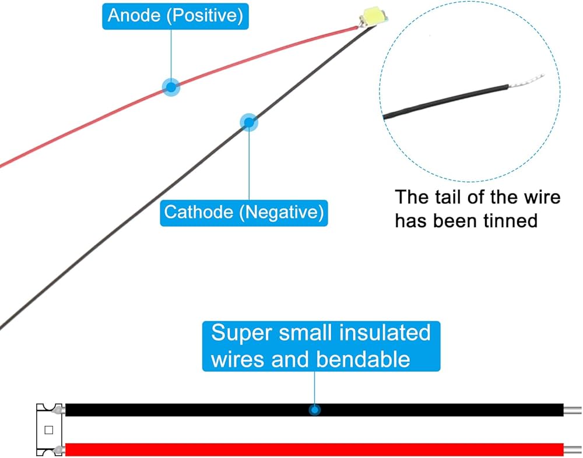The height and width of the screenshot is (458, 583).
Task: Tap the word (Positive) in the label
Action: pos(205,16)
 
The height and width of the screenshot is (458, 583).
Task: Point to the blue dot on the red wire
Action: pos(171,87)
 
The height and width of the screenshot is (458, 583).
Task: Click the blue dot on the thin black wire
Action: pos(249,122)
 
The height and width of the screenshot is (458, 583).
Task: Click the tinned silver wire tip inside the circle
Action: pos(527,82)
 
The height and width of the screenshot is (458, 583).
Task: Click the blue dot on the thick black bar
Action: pos(315,410)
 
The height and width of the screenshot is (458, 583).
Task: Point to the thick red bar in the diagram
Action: pos(315,449)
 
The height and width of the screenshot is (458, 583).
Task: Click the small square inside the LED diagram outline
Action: pos(49,430)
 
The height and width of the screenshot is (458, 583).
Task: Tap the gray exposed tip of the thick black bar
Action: pos(573,410)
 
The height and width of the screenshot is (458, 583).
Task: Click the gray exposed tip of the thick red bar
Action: pos(573,449)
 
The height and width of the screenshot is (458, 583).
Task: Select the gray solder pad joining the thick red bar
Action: pos(59,449)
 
